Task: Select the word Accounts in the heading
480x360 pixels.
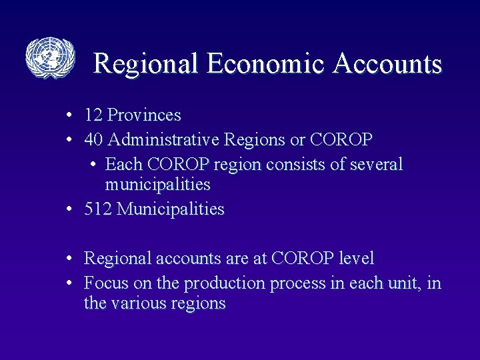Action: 388,64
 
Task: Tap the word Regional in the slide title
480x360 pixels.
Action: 146,64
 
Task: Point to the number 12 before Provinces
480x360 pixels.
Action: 93,115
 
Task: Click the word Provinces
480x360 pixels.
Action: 144,115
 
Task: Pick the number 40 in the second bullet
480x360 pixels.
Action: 93,140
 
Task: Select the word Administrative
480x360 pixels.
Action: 163,140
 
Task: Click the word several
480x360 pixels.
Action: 376,164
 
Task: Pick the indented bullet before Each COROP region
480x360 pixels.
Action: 91,165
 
